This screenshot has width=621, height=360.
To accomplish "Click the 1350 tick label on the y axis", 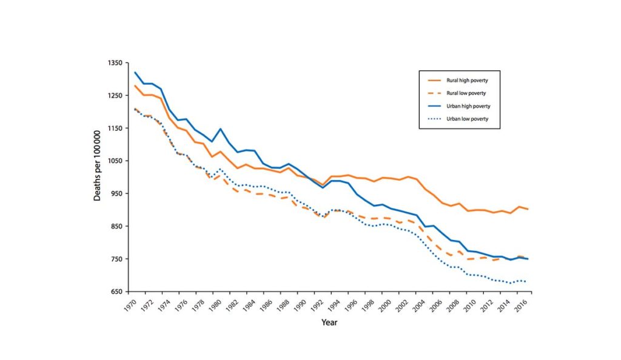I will pos(115,63).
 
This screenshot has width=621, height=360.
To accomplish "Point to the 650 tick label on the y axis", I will pos(116,292).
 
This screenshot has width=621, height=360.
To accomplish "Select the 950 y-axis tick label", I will pos(116,194).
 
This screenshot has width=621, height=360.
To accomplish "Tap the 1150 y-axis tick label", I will pos(115,128).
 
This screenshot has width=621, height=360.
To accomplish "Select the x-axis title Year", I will pos(329,322).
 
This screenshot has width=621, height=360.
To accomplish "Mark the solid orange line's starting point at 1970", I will pos(135,85).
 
